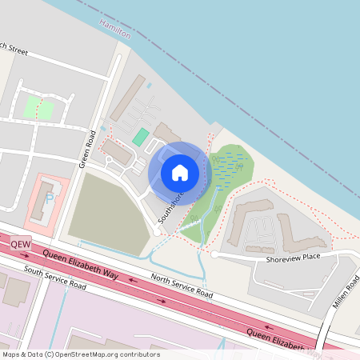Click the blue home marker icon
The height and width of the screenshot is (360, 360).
pyautogui.click(x=180, y=172)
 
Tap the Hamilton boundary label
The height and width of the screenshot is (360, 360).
pyautogui.click(x=114, y=26)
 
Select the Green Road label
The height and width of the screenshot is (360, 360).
pyautogui.click(x=87, y=149)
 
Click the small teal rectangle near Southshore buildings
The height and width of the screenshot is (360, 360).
pyautogui.click(x=141, y=137)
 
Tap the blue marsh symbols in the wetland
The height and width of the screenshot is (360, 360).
pyautogui.click(x=230, y=168)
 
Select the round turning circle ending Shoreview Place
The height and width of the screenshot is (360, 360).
pyautogui.click(x=214, y=254)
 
